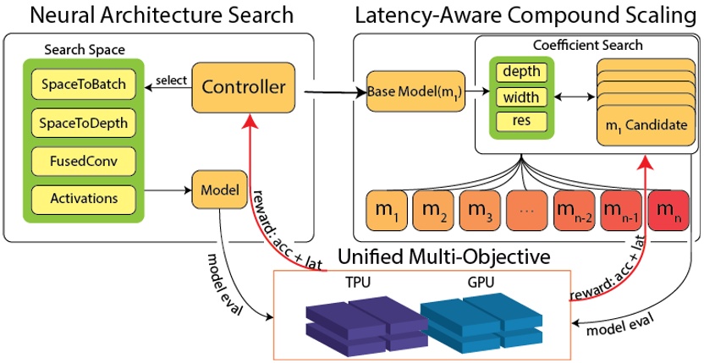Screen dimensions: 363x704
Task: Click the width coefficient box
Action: click(x=521, y=97)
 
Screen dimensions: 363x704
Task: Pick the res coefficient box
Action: click(x=521, y=121)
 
